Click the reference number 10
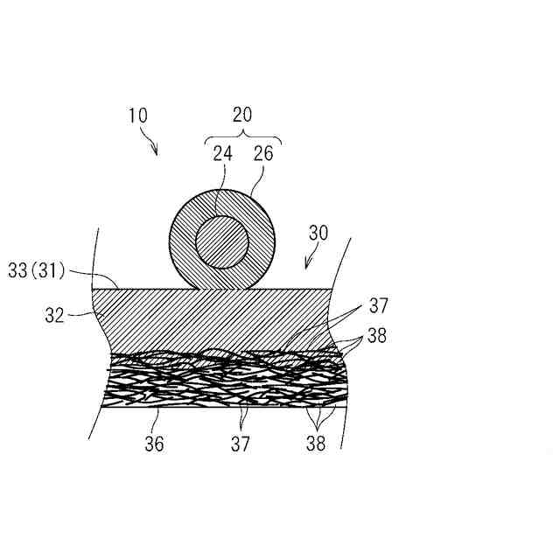[137, 115]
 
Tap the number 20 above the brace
[242, 115]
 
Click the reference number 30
[319, 234]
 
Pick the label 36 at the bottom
[154, 444]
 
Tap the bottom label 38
[316, 444]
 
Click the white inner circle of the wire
[222, 241]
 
